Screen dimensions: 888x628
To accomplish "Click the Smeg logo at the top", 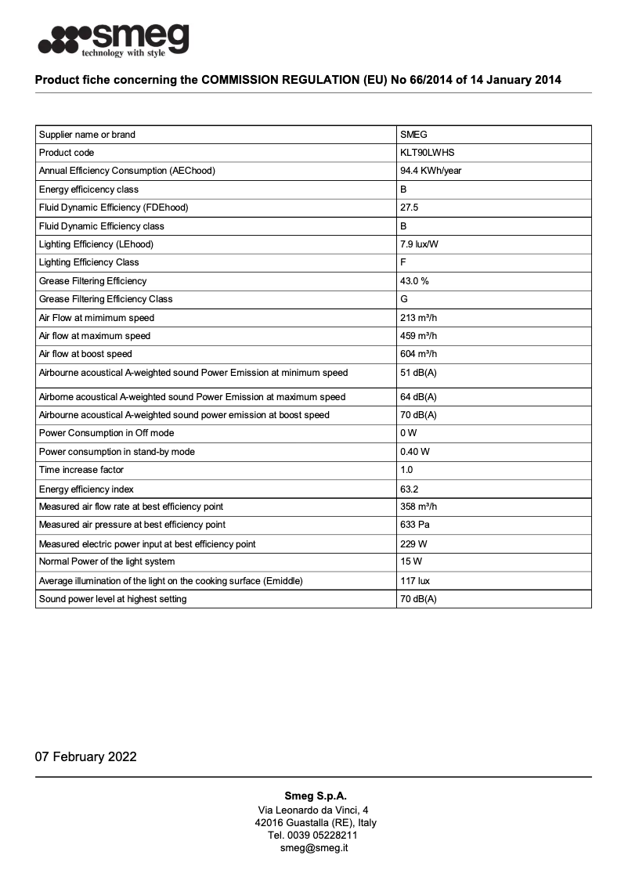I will click(114, 39).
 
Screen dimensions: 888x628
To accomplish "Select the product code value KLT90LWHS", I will click(427, 153).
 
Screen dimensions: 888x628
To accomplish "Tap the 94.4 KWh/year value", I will click(431, 171).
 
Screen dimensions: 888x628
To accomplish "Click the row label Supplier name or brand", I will click(87, 135).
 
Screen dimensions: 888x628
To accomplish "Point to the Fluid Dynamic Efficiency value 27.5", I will click(409, 208).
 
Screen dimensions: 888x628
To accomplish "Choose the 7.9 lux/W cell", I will click(419, 244).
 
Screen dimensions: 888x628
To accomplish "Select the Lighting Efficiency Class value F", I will click(403, 262).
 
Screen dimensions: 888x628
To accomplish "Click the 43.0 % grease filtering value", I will click(414, 281).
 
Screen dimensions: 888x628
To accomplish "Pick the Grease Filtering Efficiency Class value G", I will click(404, 299).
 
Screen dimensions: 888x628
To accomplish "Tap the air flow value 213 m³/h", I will click(418, 318).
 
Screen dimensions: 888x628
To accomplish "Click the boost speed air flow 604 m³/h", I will click(418, 354).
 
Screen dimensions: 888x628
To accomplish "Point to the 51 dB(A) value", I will click(418, 373).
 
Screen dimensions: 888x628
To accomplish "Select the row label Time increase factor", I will click(81, 470).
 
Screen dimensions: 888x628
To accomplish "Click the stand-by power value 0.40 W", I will click(414, 452).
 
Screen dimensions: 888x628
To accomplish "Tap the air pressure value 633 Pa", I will click(415, 525).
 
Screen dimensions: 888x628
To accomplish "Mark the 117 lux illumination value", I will click(414, 581).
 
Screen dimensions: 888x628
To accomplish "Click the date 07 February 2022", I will click(86, 756).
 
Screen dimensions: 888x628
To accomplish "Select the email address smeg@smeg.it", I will click(314, 847).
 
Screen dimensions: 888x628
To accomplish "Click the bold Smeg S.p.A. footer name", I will click(315, 796).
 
